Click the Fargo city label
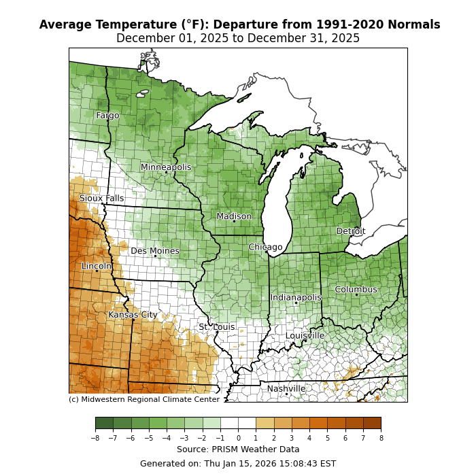(x=107, y=116)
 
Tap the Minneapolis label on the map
(x=166, y=167)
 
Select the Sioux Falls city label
(x=102, y=199)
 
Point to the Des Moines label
(x=155, y=251)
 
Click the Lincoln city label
(x=97, y=267)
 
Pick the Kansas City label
(x=133, y=315)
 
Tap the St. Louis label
(x=217, y=327)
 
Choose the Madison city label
(x=234, y=216)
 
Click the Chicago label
(x=265, y=247)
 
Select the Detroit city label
(x=351, y=231)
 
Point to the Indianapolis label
(x=296, y=298)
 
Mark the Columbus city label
(x=356, y=290)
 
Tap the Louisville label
(x=305, y=336)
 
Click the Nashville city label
(x=286, y=389)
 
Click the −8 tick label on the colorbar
(x=95, y=439)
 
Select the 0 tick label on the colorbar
(x=238, y=439)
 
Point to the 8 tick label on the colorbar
(x=381, y=439)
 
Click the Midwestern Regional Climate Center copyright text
(x=144, y=400)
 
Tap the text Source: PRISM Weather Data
(x=238, y=449)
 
